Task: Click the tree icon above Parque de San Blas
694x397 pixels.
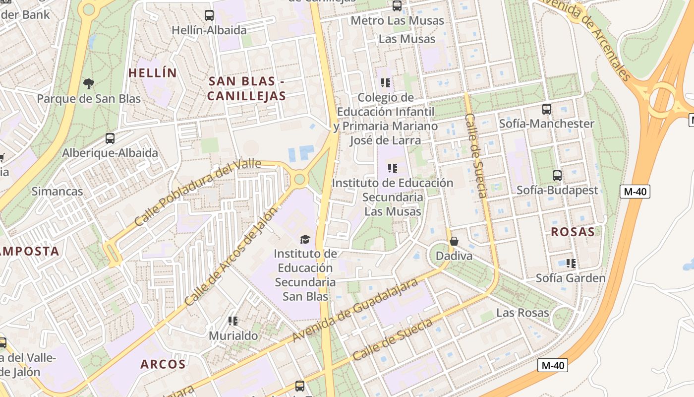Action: point(89,83)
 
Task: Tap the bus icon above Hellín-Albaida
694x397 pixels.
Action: point(209,15)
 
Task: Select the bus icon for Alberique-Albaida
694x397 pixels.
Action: point(110,138)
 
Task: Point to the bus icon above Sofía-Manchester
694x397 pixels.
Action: point(547,109)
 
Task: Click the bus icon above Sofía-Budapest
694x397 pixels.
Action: point(557,176)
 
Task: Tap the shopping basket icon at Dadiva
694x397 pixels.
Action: point(454,242)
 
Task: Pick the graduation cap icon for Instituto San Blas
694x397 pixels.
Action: point(305,240)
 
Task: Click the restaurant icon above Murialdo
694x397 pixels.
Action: point(233,321)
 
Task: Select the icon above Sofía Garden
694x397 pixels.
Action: point(571,263)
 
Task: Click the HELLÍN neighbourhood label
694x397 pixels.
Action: point(153,73)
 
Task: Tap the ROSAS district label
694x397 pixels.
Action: point(573,232)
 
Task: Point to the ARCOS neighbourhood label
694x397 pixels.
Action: point(163,364)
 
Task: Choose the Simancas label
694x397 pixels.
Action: point(58,191)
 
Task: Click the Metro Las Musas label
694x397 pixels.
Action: point(397,21)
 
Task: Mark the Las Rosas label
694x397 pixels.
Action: point(522,313)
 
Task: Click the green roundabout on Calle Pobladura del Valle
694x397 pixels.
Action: point(299,179)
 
